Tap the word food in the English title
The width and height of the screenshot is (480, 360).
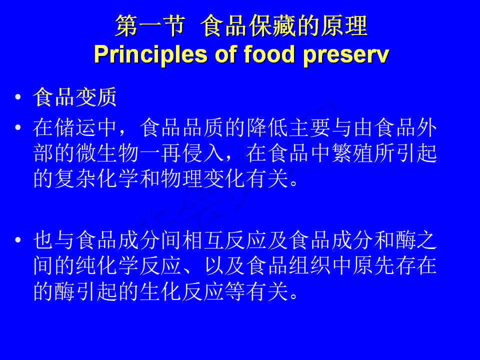pos(269,54)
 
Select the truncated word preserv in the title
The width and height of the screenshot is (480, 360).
pos(346,55)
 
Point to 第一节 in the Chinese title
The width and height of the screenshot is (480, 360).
pos(150,26)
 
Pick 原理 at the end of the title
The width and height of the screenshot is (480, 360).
pos(344,26)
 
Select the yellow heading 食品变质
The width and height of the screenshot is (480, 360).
pos(75,97)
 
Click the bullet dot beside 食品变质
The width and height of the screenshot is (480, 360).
pos(18,97)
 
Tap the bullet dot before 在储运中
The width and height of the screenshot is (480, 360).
pos(18,127)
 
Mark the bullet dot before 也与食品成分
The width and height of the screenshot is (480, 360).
pos(18,239)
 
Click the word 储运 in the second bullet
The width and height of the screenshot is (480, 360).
pos(75,127)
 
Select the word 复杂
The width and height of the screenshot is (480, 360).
pos(75,178)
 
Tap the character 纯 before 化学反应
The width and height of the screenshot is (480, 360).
pos(86,265)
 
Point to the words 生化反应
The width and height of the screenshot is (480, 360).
pos(182,291)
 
